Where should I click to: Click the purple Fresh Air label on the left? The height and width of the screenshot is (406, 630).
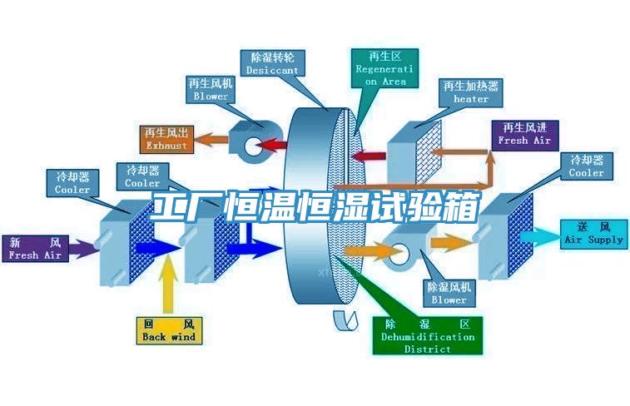pyautogui.click(x=36, y=249)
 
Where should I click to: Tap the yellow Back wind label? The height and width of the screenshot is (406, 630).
pyautogui.click(x=168, y=330)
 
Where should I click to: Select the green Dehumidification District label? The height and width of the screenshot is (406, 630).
pyautogui.click(x=427, y=336)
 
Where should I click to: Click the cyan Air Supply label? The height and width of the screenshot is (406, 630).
pyautogui.click(x=593, y=233)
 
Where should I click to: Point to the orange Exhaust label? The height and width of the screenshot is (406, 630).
pyautogui.click(x=166, y=139)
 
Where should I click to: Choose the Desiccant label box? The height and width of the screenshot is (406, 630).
pyautogui.click(x=272, y=64)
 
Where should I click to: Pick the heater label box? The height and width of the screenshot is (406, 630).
pyautogui.click(x=471, y=92)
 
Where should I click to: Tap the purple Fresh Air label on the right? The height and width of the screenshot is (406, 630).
pyautogui.click(x=524, y=134)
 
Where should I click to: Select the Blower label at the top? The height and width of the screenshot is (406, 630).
pyautogui.click(x=211, y=90)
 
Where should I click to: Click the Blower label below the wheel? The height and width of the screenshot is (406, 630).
pyautogui.click(x=449, y=293)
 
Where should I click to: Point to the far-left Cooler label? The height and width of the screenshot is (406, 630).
pyautogui.click(x=72, y=182)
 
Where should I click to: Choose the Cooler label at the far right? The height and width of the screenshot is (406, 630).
pyautogui.click(x=587, y=166)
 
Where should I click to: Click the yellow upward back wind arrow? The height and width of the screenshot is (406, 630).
pyautogui.click(x=168, y=283)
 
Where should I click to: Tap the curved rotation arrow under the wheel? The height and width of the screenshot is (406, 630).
pyautogui.click(x=341, y=319)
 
